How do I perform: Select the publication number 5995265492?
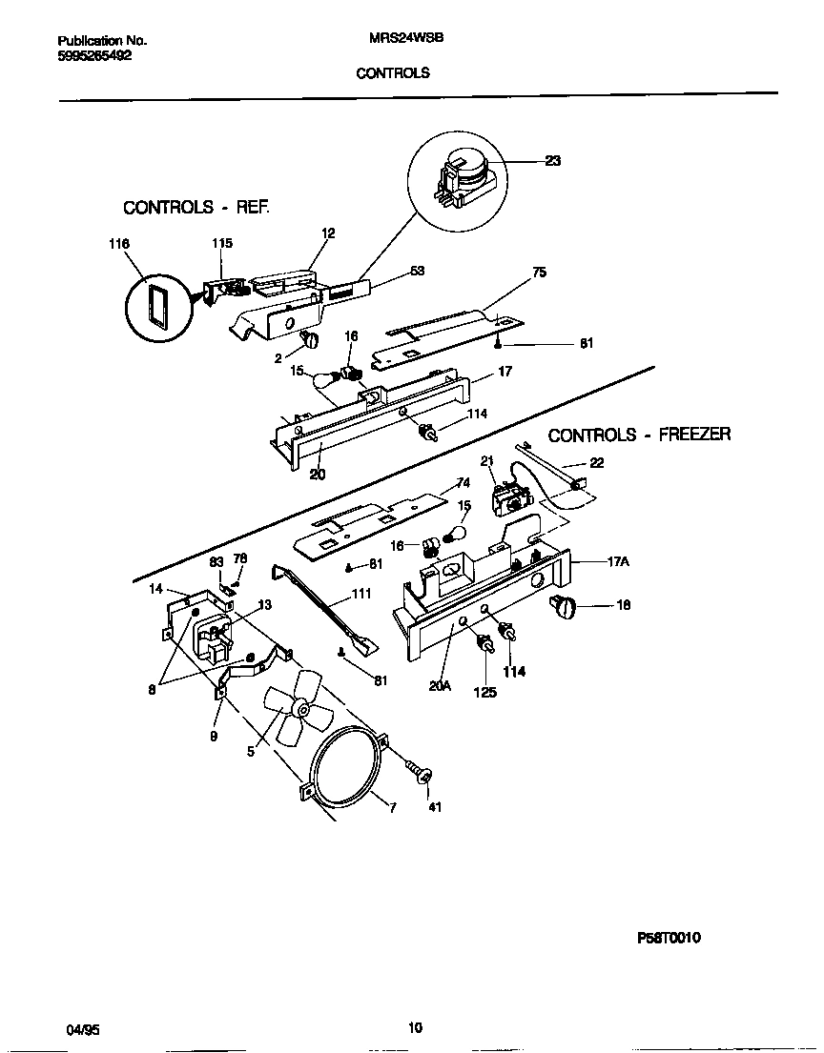94,55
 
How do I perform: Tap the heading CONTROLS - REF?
196,207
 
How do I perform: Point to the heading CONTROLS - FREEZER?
639,435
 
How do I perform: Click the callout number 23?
552,161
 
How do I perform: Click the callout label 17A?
619,562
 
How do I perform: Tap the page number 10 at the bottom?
414,1027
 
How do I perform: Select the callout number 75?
539,272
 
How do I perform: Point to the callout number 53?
417,272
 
